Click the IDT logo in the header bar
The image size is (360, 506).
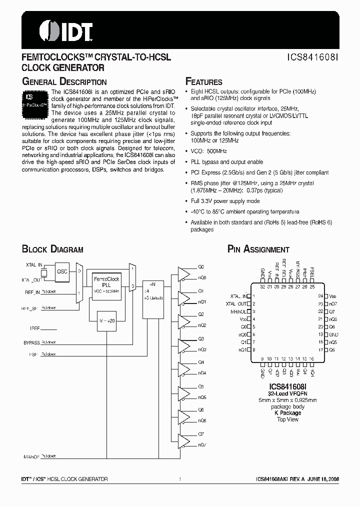point(65,30)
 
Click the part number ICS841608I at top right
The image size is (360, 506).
point(313,58)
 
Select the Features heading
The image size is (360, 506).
point(203,82)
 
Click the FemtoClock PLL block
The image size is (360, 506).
point(105,285)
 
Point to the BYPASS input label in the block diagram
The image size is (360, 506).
point(31,342)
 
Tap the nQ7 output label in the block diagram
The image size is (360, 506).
point(201,445)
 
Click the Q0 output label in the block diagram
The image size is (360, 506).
point(201,267)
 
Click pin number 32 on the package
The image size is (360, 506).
point(262,286)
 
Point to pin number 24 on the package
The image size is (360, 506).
point(320,296)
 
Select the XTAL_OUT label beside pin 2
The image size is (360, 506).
point(236,303)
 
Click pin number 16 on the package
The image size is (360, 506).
point(311,358)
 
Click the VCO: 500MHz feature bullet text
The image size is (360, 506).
point(208,151)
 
